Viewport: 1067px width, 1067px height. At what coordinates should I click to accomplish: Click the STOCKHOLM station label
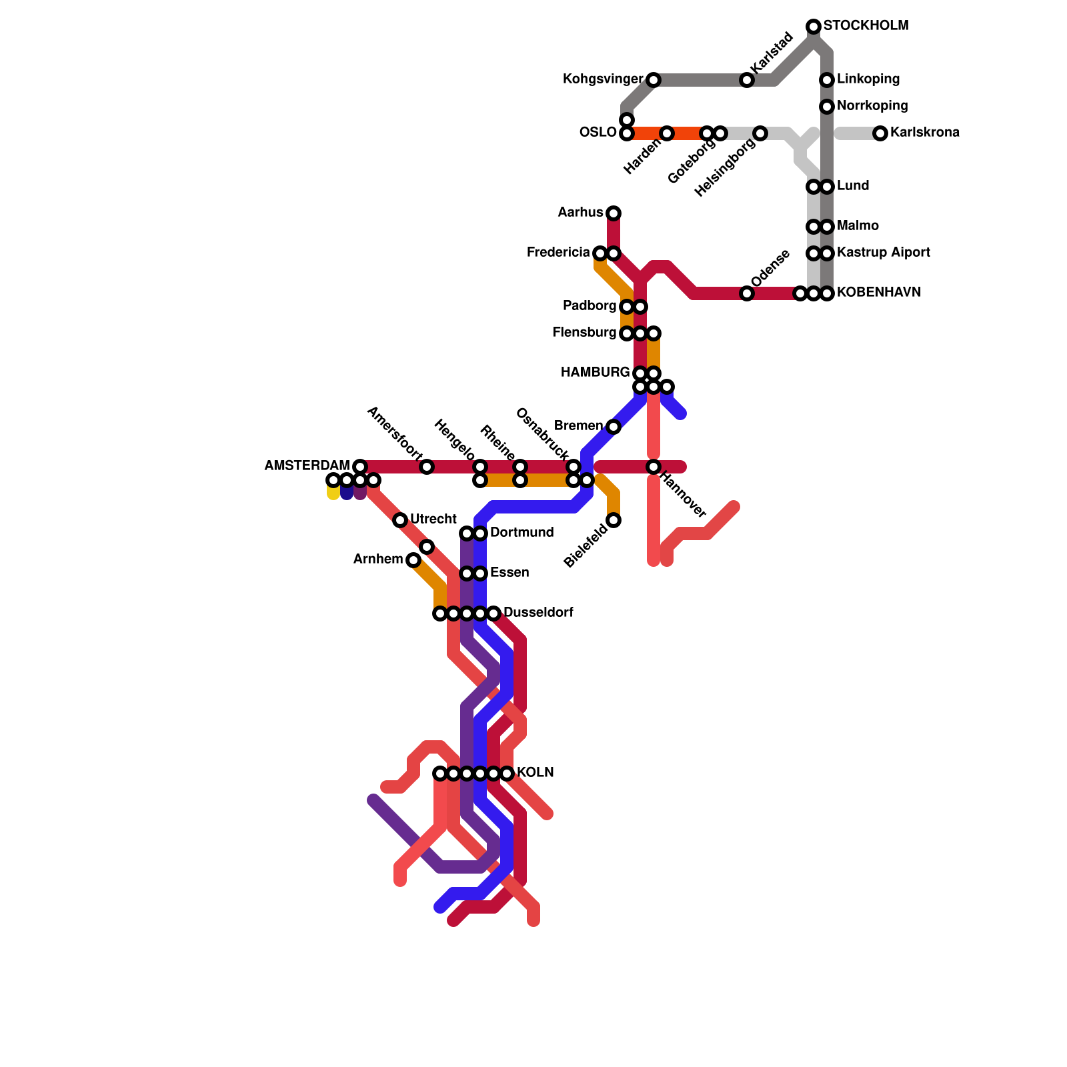[x=865, y=26]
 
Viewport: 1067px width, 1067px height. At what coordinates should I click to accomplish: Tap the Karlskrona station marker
[x=880, y=133]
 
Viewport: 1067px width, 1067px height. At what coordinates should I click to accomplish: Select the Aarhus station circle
[x=614, y=213]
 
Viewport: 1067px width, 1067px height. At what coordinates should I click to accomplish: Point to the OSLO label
[x=598, y=133]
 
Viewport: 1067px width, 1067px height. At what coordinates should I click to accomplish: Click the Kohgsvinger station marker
[x=654, y=80]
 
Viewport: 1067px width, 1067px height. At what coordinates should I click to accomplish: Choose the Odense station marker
[x=747, y=293]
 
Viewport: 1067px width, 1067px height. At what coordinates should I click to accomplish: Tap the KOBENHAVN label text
[x=879, y=293]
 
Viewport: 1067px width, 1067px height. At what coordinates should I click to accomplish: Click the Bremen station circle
[x=614, y=427]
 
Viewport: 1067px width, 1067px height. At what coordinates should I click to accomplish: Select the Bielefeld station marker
[x=614, y=520]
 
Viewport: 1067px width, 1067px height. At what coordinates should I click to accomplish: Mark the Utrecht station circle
[x=400, y=520]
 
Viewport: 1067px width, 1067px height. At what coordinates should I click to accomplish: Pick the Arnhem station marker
[x=413, y=560]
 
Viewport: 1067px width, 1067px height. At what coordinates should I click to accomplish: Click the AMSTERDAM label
[x=307, y=466]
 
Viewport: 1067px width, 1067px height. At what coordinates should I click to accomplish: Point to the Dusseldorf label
[x=538, y=613]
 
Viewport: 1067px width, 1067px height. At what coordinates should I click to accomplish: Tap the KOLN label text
[x=535, y=773]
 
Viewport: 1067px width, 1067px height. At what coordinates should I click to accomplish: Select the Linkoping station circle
[x=827, y=80]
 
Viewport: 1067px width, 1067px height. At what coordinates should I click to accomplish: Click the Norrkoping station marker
[x=827, y=107]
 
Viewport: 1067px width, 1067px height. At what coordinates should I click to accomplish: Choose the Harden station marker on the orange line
[x=667, y=133]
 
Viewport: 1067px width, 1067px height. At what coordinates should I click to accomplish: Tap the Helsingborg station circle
[x=760, y=133]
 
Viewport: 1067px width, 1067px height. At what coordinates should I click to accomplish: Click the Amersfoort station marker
[x=427, y=467]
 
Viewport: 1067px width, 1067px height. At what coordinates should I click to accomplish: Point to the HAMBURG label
[x=595, y=373]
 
